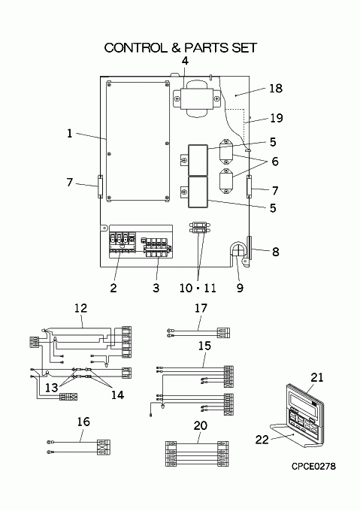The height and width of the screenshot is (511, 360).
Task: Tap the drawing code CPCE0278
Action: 313,467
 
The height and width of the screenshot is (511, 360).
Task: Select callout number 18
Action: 276,89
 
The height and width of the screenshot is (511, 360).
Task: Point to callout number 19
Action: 277,118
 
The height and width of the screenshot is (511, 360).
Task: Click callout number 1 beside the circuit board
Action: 69,133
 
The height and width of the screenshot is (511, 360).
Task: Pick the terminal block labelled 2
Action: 122,243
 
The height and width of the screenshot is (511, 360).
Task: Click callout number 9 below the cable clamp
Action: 240,288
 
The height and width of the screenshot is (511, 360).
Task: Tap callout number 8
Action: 276,252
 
